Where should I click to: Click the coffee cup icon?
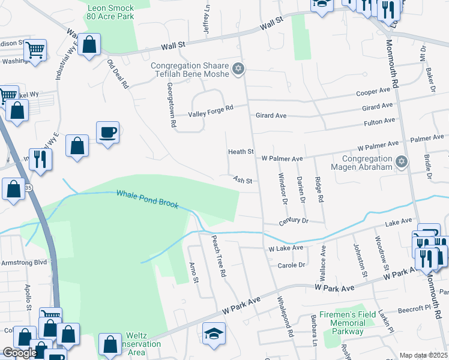[x=107, y=132]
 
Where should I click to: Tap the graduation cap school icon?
[x=214, y=332]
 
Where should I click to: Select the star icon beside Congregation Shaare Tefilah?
[x=238, y=70]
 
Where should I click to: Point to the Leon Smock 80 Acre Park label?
[x=110, y=13]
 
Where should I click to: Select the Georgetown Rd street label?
[x=171, y=104]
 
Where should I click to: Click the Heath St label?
[x=241, y=152]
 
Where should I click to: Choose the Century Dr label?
[x=293, y=221]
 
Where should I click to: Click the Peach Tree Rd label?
[x=217, y=255]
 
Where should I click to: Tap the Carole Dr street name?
[x=291, y=265]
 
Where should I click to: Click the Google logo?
[x=20, y=353]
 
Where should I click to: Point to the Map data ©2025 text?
[x=423, y=355]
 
